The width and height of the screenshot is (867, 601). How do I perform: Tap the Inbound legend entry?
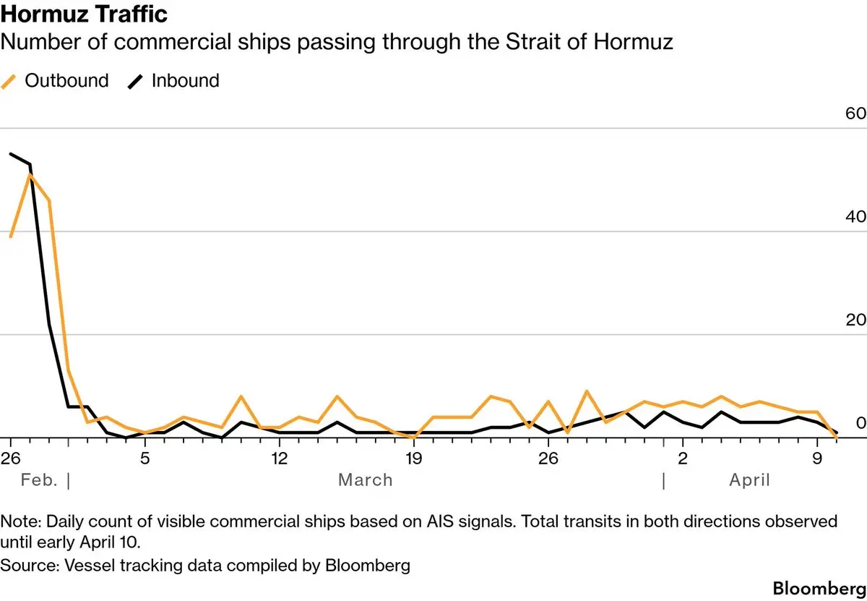coord(173,80)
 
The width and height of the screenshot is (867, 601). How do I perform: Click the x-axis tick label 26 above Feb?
coord(10,458)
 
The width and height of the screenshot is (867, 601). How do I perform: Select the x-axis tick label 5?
coord(144,458)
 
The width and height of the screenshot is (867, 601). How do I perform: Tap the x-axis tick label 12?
coord(279,458)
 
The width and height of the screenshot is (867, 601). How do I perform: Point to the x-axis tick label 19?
coord(413,458)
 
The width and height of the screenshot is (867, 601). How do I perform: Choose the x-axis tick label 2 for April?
coord(683,458)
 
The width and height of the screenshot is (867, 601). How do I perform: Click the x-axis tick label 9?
coord(817,458)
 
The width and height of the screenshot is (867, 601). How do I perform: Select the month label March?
coord(366,480)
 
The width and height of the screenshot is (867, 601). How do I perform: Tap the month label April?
coord(749,480)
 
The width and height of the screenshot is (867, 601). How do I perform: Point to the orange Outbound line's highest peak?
coord(30,174)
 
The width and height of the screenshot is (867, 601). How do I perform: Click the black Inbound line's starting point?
coord(10,153)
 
